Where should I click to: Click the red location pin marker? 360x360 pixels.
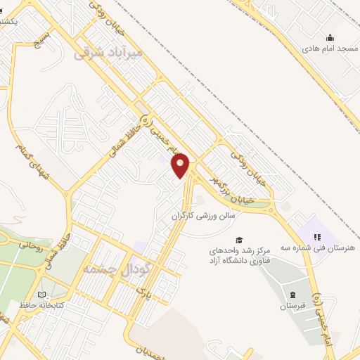point(181,165)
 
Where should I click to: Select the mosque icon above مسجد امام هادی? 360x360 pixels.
point(329,37)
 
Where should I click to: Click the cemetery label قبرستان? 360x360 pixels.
point(292,306)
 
